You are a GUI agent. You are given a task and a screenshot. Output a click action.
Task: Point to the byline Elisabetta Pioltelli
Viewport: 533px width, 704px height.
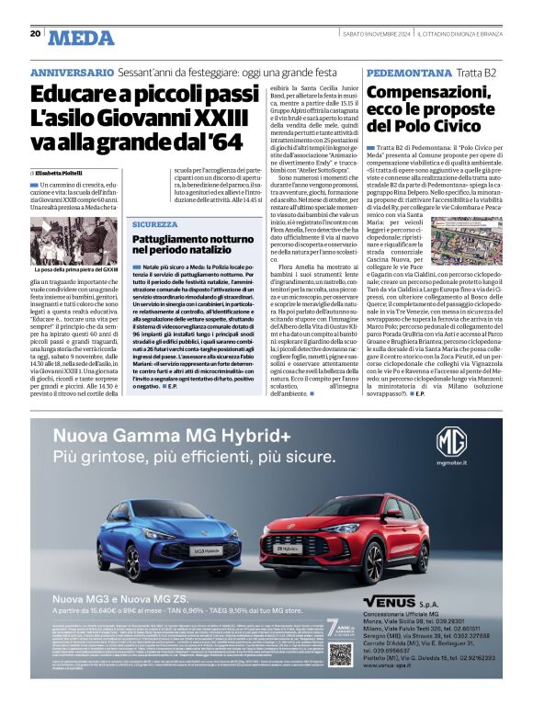59,173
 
